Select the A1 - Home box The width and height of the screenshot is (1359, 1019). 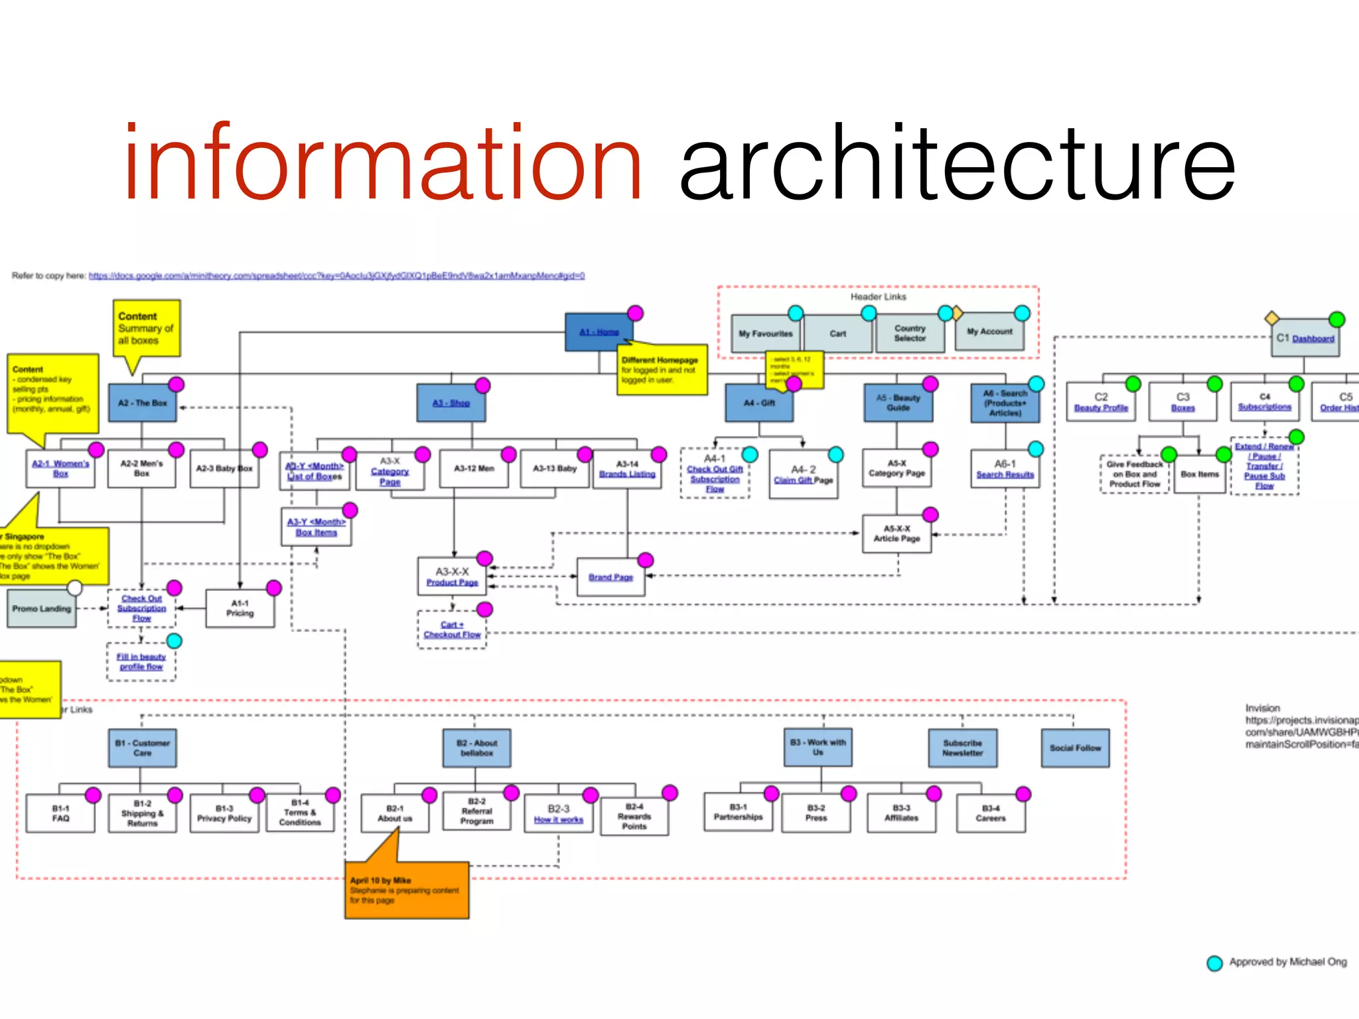[x=598, y=332]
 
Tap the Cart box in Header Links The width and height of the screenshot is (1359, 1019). [x=837, y=334]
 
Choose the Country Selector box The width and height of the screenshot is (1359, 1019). [x=909, y=333]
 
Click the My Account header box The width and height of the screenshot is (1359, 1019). [x=989, y=332]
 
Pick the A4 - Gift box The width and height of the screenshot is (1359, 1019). [x=759, y=403]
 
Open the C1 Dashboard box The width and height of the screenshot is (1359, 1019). [x=1305, y=338]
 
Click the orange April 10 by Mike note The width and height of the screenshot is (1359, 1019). [x=406, y=890]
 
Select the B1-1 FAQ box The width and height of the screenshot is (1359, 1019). [x=60, y=813]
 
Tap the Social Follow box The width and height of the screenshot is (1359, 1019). [x=1075, y=748]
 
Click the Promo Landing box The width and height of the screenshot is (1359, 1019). [x=41, y=608]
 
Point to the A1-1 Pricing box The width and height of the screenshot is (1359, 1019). [x=240, y=608]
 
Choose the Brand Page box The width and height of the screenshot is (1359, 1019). [x=610, y=577]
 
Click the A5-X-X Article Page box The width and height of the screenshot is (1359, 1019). [x=896, y=534]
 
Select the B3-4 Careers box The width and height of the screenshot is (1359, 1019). [x=990, y=813]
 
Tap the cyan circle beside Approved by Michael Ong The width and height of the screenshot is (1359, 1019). [x=1214, y=963]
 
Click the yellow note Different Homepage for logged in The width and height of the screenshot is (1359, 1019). [x=662, y=370]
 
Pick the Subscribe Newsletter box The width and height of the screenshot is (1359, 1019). [x=962, y=748]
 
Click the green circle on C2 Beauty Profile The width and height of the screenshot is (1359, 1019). [x=1133, y=383]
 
